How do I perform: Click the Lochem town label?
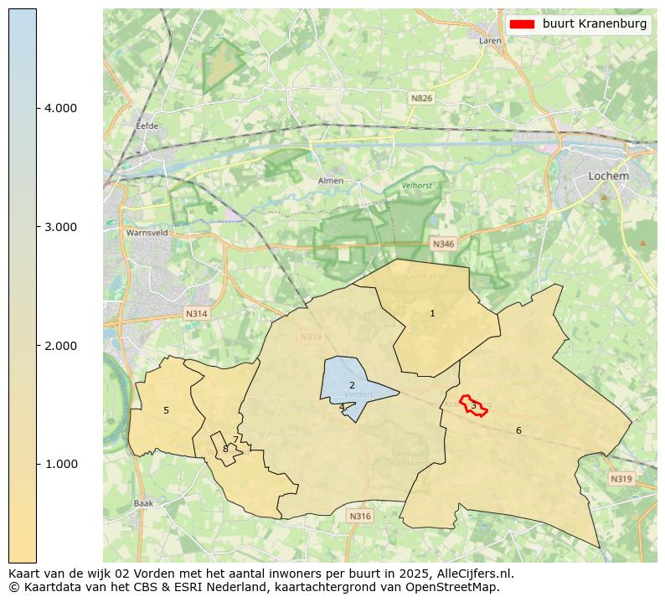coord(608,176)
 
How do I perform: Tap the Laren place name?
coord(490,40)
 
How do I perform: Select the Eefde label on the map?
coord(147,126)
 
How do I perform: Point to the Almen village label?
coord(331,181)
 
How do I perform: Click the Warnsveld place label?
coord(146,233)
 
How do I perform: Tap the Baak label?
coord(143,503)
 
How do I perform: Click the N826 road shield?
coord(421,98)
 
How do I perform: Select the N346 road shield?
coord(442,244)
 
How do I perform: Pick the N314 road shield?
coord(196,314)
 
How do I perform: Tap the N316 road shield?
coord(359,517)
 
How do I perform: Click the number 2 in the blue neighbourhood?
coord(352,385)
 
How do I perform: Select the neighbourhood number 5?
coord(166,410)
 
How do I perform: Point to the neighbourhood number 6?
coord(518,430)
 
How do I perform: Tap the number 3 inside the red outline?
coord(473,406)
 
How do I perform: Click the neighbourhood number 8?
coord(225,449)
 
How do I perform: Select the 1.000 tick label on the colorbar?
coord(54,464)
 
